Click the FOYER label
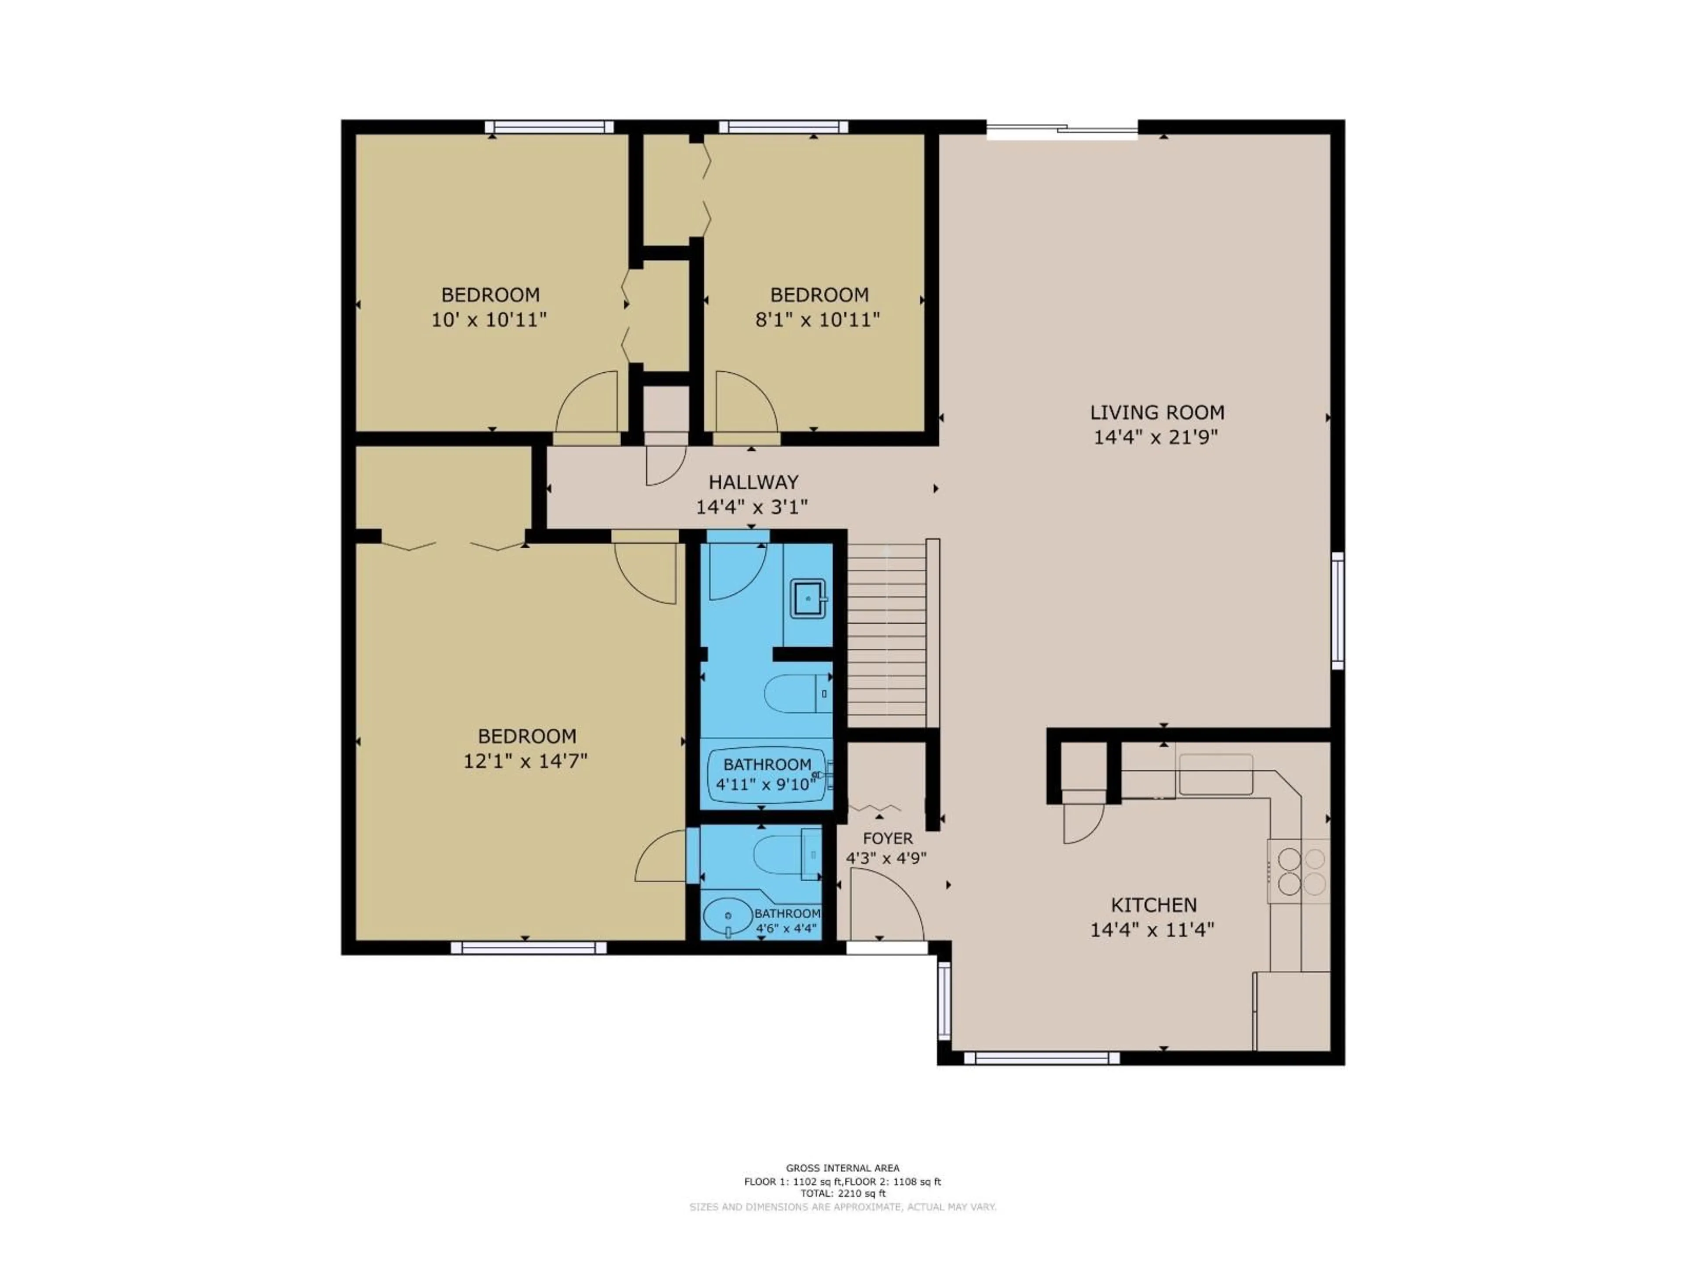[x=887, y=838]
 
